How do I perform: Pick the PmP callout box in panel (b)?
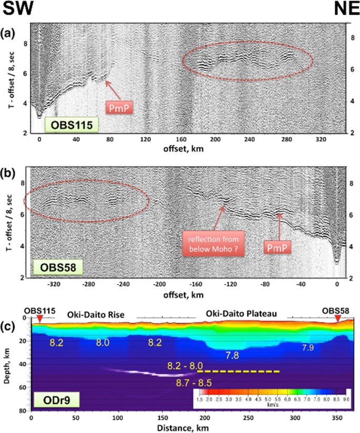point(278,245)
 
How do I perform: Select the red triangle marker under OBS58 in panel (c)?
point(337,320)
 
